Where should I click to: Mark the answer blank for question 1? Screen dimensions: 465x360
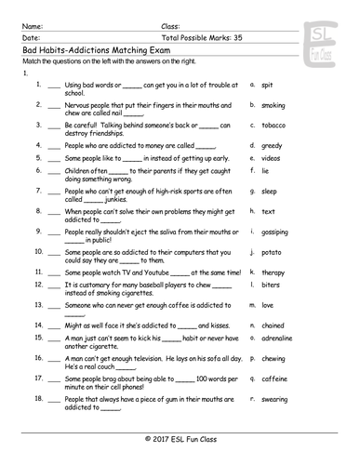click(x=55, y=85)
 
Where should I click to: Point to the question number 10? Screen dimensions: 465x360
click(x=38, y=251)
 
